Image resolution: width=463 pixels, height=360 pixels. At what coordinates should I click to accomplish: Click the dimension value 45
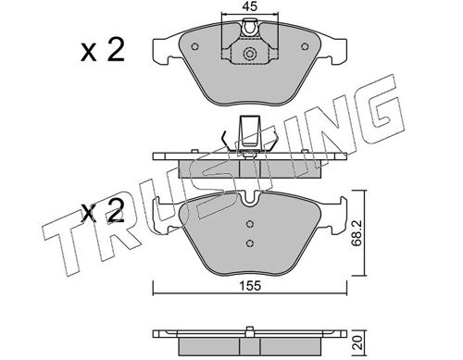(x=250, y=6)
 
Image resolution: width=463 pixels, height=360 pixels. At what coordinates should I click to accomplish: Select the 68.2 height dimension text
(x=357, y=233)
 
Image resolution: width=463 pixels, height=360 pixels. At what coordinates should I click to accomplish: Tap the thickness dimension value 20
(x=357, y=342)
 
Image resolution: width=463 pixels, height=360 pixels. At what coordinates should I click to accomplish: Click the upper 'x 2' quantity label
(x=103, y=51)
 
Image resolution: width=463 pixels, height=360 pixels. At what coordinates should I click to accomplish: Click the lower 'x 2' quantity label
(x=103, y=211)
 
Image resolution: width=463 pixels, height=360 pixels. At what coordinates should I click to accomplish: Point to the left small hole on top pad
(x=194, y=46)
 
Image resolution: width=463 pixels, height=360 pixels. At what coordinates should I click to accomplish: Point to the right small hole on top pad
(x=305, y=46)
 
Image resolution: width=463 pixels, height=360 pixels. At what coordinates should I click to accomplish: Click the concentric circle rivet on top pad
(x=249, y=54)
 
